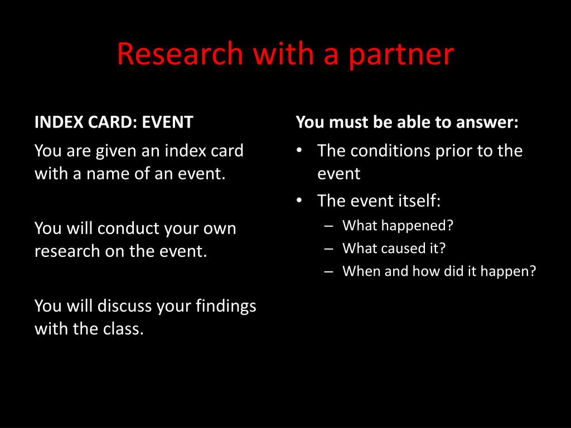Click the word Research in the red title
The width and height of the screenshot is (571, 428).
tap(180, 54)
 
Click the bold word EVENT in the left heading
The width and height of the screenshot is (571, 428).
tap(167, 122)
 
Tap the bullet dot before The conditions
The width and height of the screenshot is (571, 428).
tap(299, 150)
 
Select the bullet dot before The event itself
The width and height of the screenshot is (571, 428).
tap(299, 201)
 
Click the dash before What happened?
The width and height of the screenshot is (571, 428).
tap(328, 226)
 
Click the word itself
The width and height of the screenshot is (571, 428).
tap(419, 201)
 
